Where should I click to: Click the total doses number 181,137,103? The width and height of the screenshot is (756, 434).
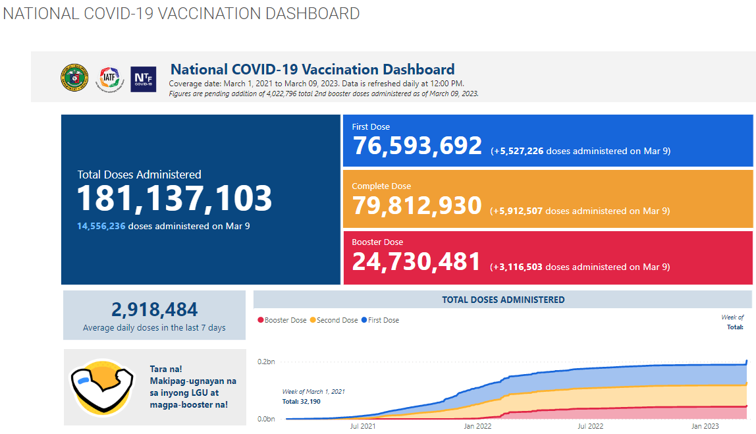coord(175,198)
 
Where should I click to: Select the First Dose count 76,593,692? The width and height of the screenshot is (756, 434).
coord(418,146)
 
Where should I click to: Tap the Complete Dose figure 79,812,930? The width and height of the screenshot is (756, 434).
coord(417,205)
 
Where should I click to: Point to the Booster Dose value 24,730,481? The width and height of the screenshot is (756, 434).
coord(416,261)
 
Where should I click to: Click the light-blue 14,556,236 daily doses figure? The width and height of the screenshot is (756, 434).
coord(101,226)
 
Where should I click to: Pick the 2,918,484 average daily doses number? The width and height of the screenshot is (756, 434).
coord(154,310)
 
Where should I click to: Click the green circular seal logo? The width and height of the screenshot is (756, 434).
coord(73,78)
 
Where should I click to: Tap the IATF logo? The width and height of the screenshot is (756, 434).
coord(109,78)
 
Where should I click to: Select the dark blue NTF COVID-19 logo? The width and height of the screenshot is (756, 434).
coord(143,79)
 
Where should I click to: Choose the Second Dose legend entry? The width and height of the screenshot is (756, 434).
coord(334,320)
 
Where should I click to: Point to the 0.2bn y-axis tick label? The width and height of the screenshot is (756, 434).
coord(266,362)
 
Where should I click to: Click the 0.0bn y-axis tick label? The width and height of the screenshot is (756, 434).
coord(266,419)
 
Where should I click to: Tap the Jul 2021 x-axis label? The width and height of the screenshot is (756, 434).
coord(363,427)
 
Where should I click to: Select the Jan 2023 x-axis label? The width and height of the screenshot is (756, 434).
coord(705,427)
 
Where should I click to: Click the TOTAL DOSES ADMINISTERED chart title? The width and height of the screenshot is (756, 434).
coord(503,300)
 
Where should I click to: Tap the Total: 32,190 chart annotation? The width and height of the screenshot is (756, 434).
coord(302,401)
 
